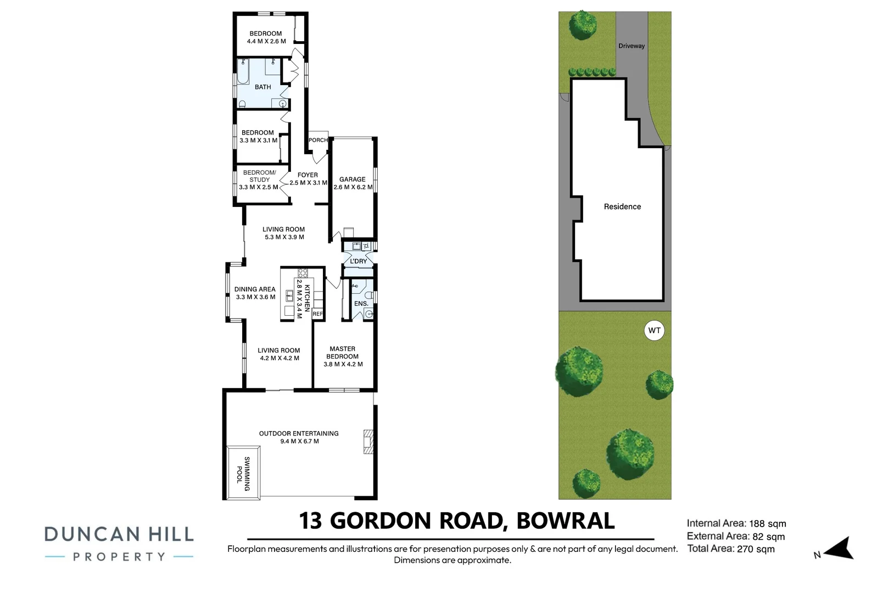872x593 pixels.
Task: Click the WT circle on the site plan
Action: click(654, 331)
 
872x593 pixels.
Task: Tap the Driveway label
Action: click(631, 46)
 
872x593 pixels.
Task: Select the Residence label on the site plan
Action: click(622, 207)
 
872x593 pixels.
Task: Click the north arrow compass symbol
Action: click(839, 548)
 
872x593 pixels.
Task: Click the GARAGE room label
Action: click(353, 180)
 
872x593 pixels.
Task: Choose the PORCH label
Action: click(318, 140)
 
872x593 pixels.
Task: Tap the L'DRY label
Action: click(359, 261)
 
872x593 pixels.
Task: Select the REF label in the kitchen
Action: click(317, 314)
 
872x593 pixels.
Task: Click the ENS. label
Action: click(361, 304)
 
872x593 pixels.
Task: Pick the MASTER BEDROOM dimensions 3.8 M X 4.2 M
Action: click(343, 364)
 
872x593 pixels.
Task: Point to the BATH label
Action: click(263, 87)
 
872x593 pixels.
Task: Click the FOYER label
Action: click(308, 175)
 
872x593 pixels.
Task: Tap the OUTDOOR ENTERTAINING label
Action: click(299, 434)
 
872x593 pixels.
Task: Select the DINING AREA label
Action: click(255, 289)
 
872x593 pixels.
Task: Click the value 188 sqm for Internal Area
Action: click(768, 524)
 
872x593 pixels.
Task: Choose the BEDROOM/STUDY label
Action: click(259, 176)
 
